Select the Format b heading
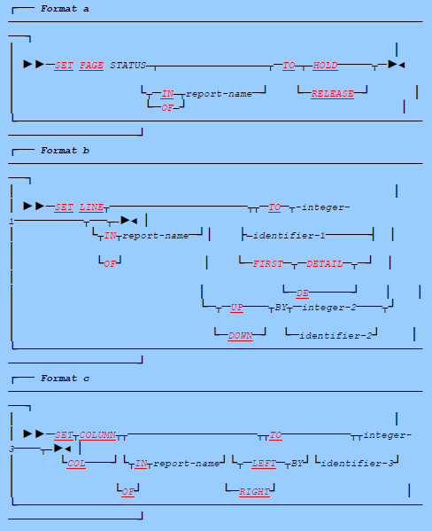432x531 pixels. [65, 151]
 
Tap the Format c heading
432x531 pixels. [65, 379]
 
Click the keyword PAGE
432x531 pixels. [91, 66]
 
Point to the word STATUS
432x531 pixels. [128, 66]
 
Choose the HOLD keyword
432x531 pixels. [326, 66]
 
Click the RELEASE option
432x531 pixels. [333, 93]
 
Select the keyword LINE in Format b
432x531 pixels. [91, 207]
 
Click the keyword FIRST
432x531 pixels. [263, 263]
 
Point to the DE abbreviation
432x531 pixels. [302, 292]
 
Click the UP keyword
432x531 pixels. [236, 308]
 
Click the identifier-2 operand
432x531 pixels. [337, 336]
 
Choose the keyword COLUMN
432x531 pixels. [97, 435]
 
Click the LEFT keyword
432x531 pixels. [264, 463]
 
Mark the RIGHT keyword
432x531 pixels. [254, 491]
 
